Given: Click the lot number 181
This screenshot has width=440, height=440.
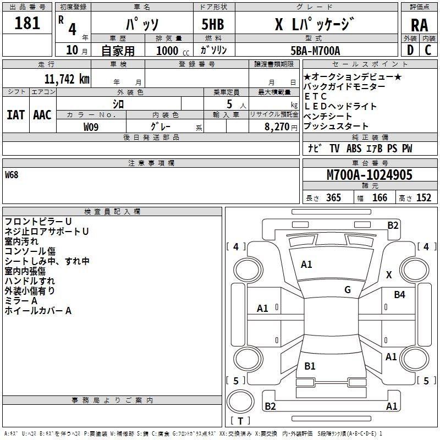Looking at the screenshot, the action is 27,23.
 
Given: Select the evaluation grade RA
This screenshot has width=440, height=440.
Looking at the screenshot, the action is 419,25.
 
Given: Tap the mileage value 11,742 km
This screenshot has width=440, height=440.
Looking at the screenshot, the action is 67,79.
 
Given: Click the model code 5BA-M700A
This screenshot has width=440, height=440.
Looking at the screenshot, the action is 315,51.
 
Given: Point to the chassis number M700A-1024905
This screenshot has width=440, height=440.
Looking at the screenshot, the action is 370,175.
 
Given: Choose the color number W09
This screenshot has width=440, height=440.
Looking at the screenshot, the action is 91,127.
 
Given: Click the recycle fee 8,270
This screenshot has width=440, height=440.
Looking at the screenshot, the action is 277,127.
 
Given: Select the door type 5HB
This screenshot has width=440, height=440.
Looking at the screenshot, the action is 213,24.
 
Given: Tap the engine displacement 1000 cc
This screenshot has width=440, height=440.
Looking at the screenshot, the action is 173,51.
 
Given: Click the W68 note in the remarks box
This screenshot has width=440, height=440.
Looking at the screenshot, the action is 12,175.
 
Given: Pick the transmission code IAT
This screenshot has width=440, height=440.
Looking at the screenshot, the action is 15,115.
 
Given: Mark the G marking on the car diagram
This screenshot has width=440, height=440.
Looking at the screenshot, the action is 348,289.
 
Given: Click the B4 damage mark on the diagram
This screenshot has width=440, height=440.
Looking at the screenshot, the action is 399,294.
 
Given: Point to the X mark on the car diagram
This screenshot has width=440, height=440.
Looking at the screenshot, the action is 389,274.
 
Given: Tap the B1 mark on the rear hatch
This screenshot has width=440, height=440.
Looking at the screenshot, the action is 310,366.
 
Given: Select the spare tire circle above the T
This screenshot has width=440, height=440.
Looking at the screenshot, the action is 240,401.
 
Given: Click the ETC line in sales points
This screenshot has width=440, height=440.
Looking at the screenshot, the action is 315,97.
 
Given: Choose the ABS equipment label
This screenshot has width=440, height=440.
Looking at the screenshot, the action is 354,148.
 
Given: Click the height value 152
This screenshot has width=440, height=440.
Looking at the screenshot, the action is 424,197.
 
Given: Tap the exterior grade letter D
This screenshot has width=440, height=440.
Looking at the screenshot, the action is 410,50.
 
